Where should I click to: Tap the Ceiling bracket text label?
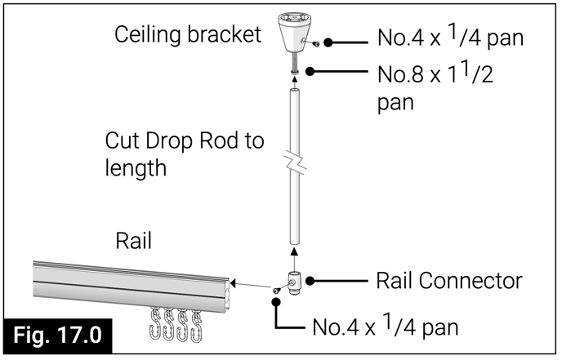point(188,34)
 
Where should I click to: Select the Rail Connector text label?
point(448,281)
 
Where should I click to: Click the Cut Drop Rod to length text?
point(184,154)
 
